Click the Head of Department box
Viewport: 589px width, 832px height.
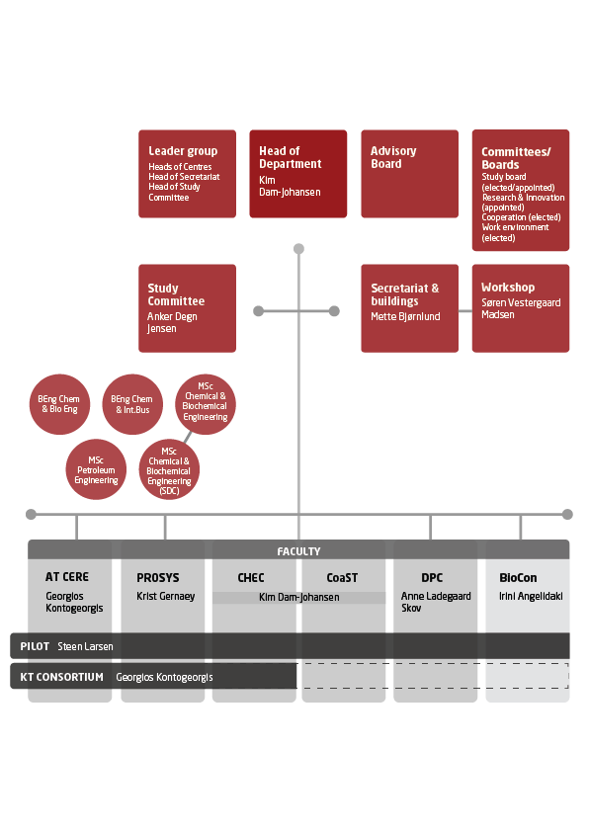pyautogui.click(x=298, y=174)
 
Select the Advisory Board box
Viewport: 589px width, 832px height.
pyautogui.click(x=410, y=174)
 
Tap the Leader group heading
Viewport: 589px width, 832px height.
pyautogui.click(x=183, y=151)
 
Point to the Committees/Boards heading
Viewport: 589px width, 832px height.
pyautogui.click(x=516, y=158)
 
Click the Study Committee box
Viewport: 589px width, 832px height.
pyautogui.click(x=188, y=308)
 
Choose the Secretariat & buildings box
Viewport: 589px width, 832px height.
pyautogui.click(x=410, y=308)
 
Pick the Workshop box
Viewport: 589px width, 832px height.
pyautogui.click(x=521, y=308)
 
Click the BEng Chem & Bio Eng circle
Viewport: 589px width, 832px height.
pyautogui.click(x=59, y=404)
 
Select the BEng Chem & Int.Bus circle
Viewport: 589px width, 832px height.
pyautogui.click(x=132, y=404)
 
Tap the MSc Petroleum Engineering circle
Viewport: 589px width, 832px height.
pyautogui.click(x=96, y=469)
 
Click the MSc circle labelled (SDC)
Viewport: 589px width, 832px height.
pyautogui.click(x=169, y=469)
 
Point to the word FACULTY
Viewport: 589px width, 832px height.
pyautogui.click(x=298, y=551)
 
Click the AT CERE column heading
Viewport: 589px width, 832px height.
pyautogui.click(x=67, y=577)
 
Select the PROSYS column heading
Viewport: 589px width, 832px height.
pyautogui.click(x=158, y=577)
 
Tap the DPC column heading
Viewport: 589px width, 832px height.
pyautogui.click(x=432, y=577)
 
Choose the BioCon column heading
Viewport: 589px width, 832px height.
pyautogui.click(x=518, y=577)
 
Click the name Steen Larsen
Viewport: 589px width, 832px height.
pyautogui.click(x=85, y=646)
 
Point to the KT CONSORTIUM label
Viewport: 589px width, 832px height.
pyautogui.click(x=61, y=677)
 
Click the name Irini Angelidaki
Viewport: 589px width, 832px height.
pyautogui.click(x=531, y=596)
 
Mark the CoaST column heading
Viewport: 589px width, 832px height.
pyautogui.click(x=342, y=577)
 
